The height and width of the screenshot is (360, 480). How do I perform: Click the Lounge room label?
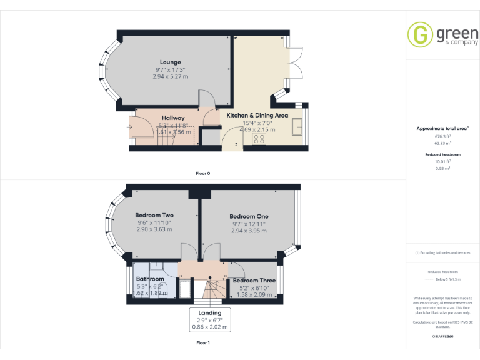click(170, 62)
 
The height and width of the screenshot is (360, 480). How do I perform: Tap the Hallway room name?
click(173, 117)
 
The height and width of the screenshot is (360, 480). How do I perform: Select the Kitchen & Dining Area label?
click(257, 116)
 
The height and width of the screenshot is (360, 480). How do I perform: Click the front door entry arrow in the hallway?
click(129, 128)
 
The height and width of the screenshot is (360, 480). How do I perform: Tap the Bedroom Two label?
click(154, 216)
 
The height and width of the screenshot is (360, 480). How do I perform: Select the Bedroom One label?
click(249, 216)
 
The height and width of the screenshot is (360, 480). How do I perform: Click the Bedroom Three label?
click(254, 281)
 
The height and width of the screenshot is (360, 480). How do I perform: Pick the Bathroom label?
click(150, 279)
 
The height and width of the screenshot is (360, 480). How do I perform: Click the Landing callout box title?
click(210, 312)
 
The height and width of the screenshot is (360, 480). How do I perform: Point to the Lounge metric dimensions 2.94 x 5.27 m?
click(170, 76)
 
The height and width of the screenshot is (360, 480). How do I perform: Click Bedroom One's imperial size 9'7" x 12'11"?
click(249, 223)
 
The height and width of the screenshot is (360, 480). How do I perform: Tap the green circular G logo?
click(420, 34)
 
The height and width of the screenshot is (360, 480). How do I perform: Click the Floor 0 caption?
click(204, 172)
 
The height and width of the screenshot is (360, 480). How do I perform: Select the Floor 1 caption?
click(203, 342)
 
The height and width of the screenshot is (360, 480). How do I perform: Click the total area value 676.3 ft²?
click(442, 136)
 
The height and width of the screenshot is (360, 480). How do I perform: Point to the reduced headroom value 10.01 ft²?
click(442, 161)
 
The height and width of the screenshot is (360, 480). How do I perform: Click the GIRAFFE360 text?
click(442, 337)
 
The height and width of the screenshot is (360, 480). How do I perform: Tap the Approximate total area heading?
click(442, 128)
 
